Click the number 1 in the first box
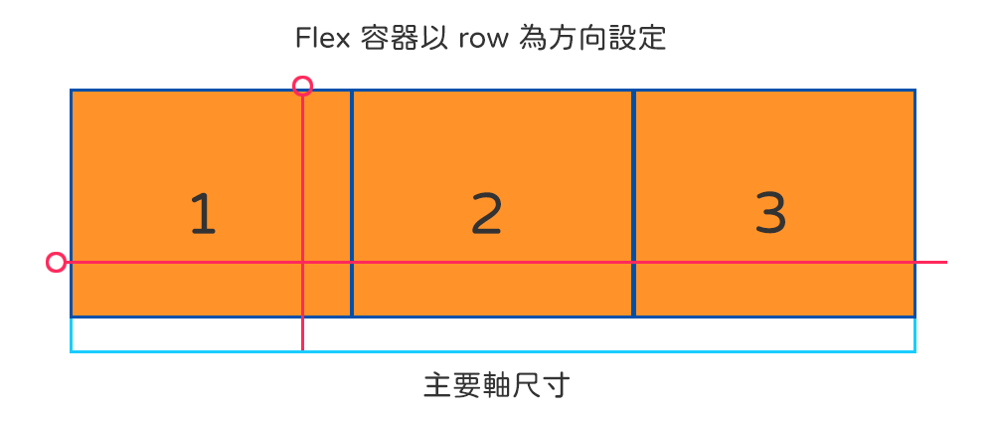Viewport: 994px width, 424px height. [203, 214]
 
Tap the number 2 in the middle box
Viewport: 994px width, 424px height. [487, 214]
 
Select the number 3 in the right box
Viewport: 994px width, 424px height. [770, 212]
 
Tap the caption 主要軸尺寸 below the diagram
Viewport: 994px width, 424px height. [496, 385]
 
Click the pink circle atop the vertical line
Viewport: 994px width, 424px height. [303, 86]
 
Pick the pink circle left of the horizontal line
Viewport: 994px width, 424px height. [57, 262]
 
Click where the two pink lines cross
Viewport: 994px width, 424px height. [303, 262]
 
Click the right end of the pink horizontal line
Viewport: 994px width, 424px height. [946, 262]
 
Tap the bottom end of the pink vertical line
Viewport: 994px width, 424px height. [303, 349]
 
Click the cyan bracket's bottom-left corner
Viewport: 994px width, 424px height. [72, 350]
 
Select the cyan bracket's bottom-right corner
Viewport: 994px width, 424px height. [914, 350]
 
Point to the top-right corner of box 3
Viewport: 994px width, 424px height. [914, 91]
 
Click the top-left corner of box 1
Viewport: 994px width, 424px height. [72, 91]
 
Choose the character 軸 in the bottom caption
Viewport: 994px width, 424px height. [496, 385]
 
